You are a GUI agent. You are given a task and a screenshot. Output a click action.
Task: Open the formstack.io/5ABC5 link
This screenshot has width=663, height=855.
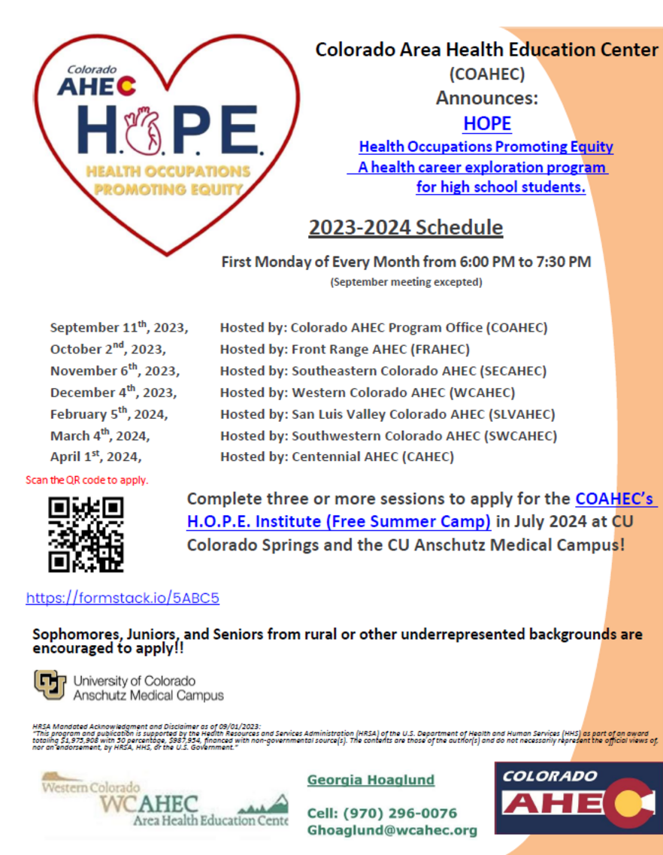(123, 599)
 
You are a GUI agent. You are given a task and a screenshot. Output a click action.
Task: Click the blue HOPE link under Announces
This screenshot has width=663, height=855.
(486, 123)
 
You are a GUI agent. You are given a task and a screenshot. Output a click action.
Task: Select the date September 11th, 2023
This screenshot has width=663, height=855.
(119, 328)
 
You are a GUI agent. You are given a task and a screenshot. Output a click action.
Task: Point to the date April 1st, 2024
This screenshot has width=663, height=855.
(95, 456)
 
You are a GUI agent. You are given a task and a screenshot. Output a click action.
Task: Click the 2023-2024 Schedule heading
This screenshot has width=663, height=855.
(405, 227)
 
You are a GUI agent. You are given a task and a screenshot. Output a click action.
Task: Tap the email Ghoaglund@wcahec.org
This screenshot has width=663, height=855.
(392, 830)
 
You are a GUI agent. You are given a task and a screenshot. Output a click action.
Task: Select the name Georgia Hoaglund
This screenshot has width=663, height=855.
(371, 780)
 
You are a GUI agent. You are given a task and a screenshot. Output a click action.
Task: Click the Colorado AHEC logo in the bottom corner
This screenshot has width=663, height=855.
(577, 799)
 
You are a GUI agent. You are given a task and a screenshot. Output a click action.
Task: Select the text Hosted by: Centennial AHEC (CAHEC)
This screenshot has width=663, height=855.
(337, 456)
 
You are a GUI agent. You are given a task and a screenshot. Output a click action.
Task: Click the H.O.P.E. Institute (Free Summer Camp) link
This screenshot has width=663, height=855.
(339, 520)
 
